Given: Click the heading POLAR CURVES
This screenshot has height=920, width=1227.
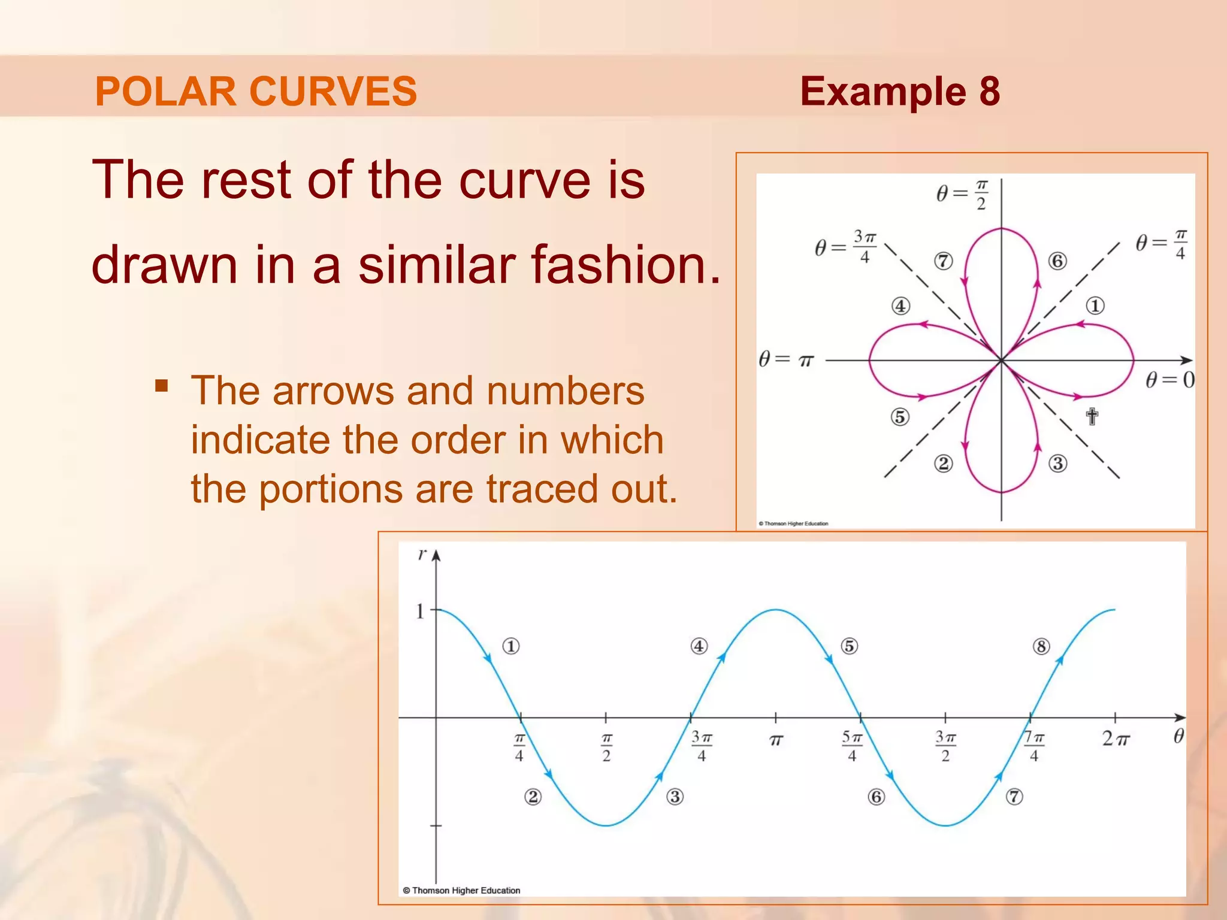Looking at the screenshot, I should [x=256, y=92].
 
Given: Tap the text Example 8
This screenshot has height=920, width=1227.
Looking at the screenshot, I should [x=899, y=92].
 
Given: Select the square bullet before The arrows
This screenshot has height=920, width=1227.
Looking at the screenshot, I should [x=161, y=385].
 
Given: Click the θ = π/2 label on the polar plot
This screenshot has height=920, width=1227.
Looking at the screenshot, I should [x=962, y=194].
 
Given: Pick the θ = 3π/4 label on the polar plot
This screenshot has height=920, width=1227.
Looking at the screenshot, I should [x=845, y=246].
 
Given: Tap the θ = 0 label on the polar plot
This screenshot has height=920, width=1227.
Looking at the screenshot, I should [x=1169, y=380].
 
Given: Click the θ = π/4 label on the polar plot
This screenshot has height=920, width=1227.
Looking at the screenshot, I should [x=1161, y=244].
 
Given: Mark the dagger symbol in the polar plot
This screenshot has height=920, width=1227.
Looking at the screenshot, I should [x=1092, y=416].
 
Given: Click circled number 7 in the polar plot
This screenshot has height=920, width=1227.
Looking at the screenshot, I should [x=943, y=261].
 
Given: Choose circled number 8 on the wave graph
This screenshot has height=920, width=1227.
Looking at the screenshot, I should [x=1041, y=647].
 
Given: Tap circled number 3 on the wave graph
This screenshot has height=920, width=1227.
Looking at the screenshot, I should [x=675, y=797].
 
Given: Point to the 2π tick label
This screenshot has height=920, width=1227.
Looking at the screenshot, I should [x=1115, y=739].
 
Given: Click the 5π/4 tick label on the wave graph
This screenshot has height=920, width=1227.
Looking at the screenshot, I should [x=851, y=746].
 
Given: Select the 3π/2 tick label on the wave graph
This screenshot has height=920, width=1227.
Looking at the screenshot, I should [x=945, y=746].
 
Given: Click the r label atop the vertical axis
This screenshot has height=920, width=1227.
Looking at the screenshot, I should [x=422, y=554].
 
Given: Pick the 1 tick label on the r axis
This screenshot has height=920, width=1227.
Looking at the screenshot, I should [x=420, y=612].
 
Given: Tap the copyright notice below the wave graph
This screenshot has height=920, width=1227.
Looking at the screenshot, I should [x=461, y=891].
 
